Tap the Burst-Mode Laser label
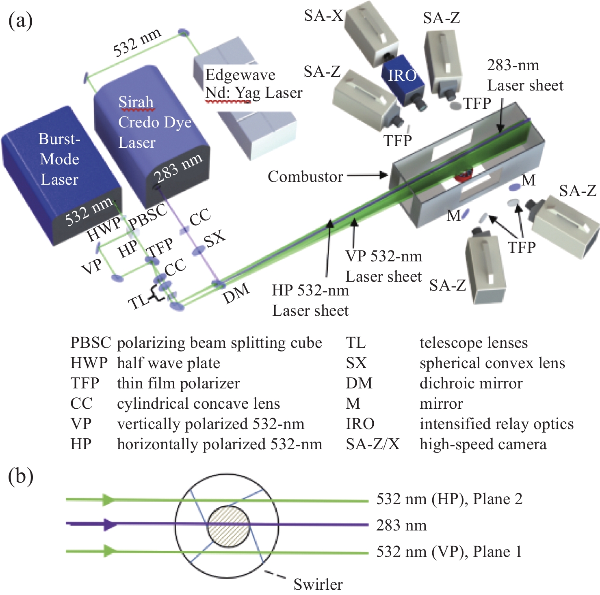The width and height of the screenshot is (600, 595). click(59, 159)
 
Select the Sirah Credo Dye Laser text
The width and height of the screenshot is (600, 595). click(154, 122)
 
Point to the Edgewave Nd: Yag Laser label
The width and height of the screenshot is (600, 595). click(253, 84)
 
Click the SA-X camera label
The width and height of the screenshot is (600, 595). click(323, 16)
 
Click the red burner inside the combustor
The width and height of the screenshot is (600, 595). click(464, 175)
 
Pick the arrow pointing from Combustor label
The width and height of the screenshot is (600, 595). click(367, 175)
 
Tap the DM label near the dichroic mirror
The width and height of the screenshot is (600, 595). click(236, 293)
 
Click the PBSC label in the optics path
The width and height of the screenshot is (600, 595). click(147, 216)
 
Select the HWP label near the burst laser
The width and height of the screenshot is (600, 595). click(104, 229)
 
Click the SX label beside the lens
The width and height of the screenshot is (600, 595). click(214, 239)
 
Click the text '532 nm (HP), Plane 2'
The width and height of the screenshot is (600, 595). click(449, 499)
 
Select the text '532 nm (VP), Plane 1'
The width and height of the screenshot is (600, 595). click(449, 552)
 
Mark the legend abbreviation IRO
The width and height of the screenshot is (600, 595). click(360, 424)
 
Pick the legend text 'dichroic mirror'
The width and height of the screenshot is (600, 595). click(471, 383)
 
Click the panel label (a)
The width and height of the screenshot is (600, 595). click(20, 20)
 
